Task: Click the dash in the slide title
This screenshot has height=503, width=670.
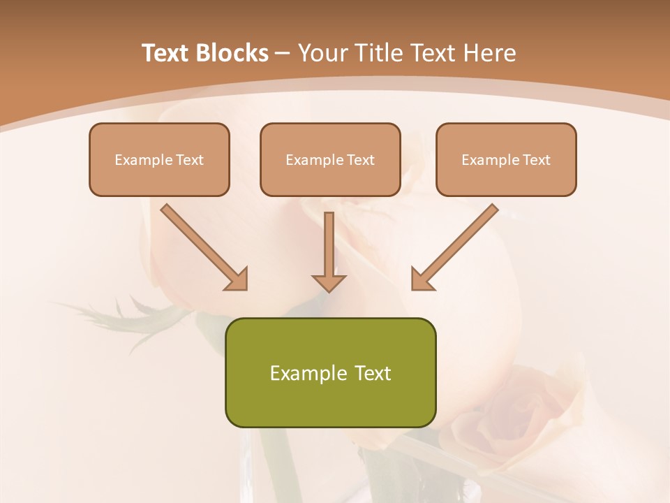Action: click(283, 54)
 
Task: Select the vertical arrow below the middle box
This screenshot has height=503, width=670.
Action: click(329, 245)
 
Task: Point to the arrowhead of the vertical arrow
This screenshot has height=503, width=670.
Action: click(329, 282)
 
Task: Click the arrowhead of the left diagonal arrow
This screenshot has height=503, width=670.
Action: click(237, 279)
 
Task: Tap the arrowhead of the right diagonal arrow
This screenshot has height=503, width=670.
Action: click(422, 279)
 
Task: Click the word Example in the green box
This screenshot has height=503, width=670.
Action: click(304, 373)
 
